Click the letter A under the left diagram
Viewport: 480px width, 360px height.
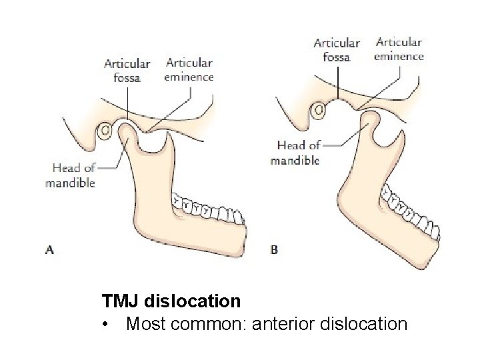click(49, 250)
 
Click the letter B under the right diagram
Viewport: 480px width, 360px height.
click(273, 250)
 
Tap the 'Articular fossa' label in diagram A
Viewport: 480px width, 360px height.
click(127, 70)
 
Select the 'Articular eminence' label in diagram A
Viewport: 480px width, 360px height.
click(189, 69)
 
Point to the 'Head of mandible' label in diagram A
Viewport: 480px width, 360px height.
click(71, 176)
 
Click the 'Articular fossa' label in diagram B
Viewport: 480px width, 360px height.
click(337, 49)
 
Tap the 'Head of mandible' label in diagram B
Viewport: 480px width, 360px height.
click(295, 152)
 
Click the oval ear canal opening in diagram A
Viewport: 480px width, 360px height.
click(105, 131)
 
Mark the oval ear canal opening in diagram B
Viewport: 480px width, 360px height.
click(320, 109)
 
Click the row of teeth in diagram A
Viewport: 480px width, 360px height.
click(207, 209)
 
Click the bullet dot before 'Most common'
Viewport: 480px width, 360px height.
click(105, 325)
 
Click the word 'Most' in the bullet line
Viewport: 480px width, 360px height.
click(145, 325)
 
